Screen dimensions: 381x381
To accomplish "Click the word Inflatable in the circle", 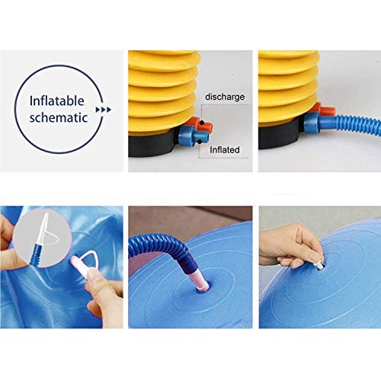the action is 57,101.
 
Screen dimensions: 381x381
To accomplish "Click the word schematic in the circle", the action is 59,117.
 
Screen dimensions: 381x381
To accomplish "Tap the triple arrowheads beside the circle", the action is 104,110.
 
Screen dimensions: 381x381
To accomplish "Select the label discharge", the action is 225,97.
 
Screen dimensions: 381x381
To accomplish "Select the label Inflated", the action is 225,149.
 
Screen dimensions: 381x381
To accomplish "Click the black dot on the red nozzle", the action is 202,123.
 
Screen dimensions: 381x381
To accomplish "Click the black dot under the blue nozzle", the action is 200,142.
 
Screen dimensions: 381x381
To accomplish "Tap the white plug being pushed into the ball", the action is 319,265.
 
